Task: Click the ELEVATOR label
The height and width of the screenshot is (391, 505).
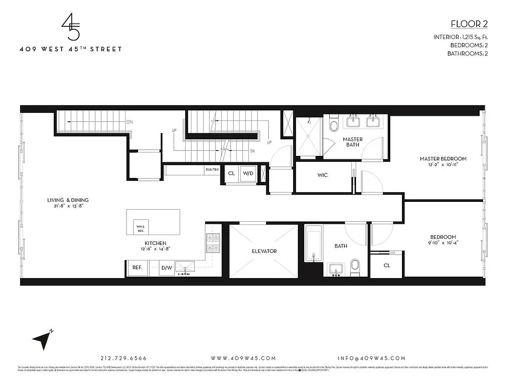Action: pos(264,251)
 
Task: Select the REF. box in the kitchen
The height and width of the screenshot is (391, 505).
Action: pos(137,267)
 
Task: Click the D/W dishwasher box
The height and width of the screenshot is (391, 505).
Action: pos(167,267)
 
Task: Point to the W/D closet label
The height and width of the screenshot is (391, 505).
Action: pos(248,173)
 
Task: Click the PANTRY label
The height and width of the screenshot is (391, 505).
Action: pos(212,170)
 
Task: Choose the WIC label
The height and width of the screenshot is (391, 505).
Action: pos(322,175)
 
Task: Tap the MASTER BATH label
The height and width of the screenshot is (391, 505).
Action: pos(353,142)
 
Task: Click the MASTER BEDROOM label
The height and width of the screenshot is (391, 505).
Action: pos(443,159)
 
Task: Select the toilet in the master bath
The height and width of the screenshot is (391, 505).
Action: pos(334,124)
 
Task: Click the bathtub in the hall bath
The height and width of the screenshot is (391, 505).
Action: pos(313,243)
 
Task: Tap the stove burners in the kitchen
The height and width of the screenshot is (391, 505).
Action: pos(213,243)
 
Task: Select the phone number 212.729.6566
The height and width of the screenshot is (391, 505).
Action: pos(123,358)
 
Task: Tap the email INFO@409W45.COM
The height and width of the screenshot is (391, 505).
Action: pos(372,358)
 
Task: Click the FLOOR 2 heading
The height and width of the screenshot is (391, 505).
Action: pos(467,24)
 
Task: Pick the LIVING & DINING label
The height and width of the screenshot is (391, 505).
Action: pos(68,200)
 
